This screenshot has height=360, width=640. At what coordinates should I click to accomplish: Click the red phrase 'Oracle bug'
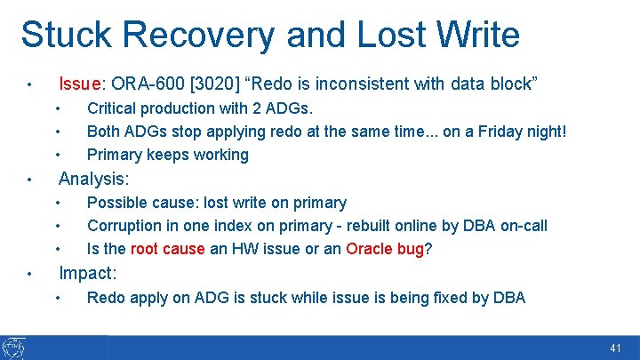[385, 249]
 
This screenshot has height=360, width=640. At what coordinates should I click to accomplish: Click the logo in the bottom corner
[13, 348]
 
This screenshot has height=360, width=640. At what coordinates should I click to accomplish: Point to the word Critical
[113, 108]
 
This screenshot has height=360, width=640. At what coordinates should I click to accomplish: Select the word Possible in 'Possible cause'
[116, 203]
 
